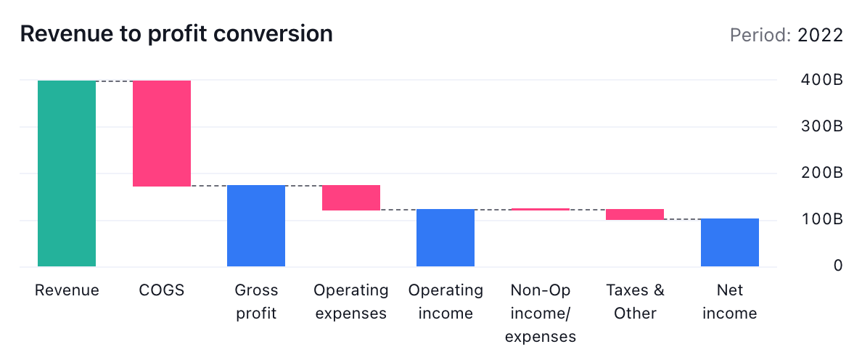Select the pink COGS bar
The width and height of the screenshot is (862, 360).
pos(162,133)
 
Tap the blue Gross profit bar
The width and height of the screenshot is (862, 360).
pos(256,226)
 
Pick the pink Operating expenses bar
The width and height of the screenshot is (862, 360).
pos(351,197)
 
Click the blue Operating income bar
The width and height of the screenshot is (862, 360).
pos(446,237)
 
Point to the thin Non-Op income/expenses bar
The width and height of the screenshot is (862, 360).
pos(541,209)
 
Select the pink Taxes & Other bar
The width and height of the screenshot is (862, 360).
pos(635,214)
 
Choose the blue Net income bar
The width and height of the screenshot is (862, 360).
pos(730,242)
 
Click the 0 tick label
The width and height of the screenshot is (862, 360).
pos(837,266)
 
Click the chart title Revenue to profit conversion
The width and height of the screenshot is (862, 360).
pos(176,33)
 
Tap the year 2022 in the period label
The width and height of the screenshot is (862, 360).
pos(820,36)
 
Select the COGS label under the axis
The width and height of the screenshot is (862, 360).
pos(162,290)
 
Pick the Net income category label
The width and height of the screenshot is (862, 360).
pos(730,302)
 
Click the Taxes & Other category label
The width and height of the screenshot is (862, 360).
pos(635,302)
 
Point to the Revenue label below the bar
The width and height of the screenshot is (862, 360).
pos(67,290)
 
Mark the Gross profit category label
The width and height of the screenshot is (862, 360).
pos(256,302)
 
